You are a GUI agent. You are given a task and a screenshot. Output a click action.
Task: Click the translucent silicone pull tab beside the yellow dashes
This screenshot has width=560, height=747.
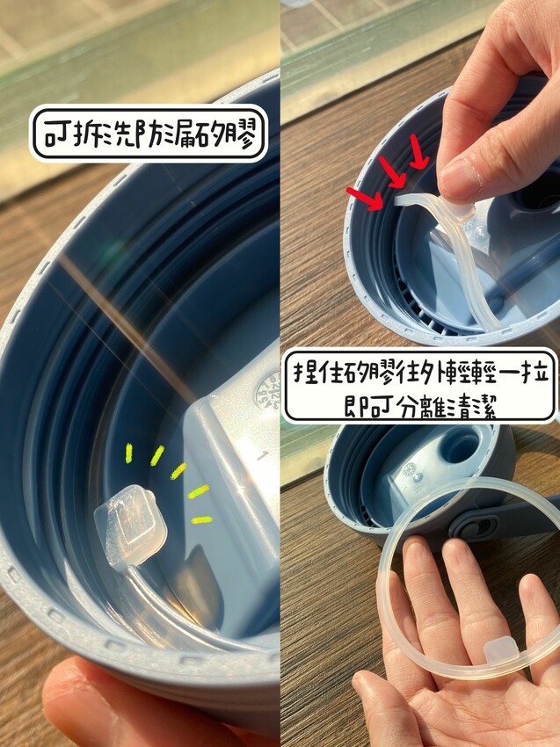coord(130,526)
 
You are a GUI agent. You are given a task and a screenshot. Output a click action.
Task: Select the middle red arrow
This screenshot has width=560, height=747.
coord(392,172)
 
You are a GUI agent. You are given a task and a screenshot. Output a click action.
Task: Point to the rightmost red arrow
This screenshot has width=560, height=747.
coord(418,151)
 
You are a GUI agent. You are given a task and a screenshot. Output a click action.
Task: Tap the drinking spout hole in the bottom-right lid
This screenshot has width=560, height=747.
coord(459,446)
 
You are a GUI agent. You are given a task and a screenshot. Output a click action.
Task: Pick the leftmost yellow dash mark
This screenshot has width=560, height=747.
coord(128,453)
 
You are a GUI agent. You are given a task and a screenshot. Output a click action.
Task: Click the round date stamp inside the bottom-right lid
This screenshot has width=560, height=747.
coord(409,469)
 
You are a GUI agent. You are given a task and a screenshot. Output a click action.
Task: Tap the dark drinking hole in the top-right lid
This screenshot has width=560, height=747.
coord(541,194)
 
